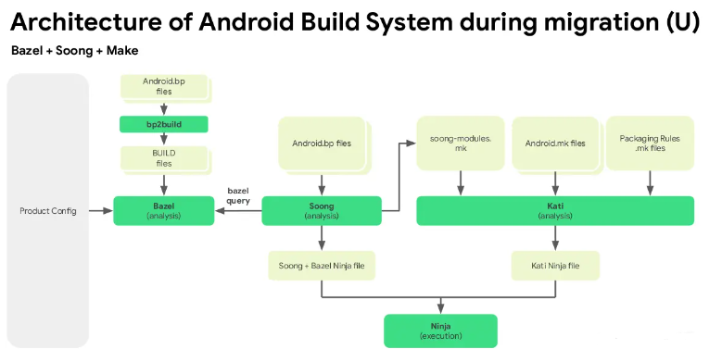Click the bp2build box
click(x=163, y=123)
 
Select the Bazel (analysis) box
click(x=163, y=210)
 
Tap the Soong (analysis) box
click(x=321, y=210)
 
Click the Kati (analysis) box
click(x=554, y=210)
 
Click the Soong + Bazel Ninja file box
click(x=322, y=266)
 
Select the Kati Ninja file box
click(x=554, y=266)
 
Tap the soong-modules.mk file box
click(x=460, y=143)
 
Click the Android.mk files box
click(x=554, y=143)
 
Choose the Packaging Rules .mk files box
click(x=649, y=143)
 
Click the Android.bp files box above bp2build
click(x=163, y=87)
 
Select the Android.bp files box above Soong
click(x=321, y=143)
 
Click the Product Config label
click(x=47, y=211)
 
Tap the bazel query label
click(x=238, y=195)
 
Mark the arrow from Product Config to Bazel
click(x=101, y=211)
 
